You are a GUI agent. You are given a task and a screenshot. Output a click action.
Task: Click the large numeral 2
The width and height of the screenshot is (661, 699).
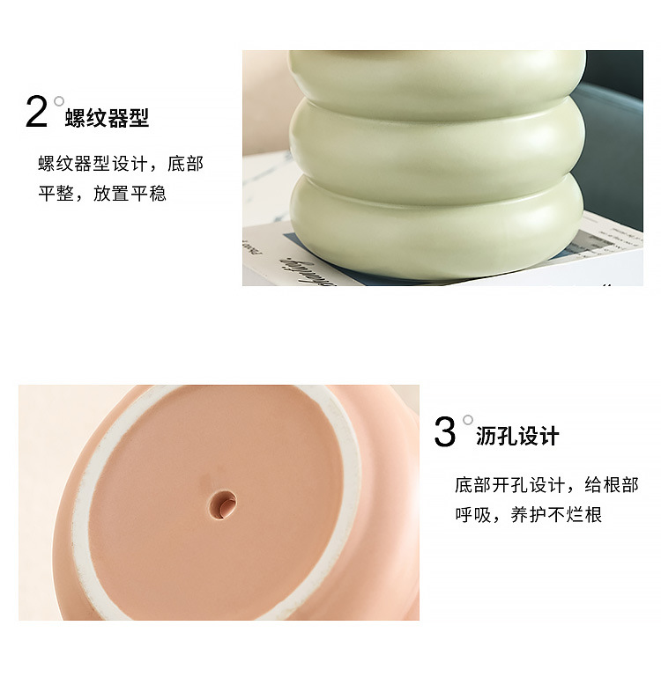36,114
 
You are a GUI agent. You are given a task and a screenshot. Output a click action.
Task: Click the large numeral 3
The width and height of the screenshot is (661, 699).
445,432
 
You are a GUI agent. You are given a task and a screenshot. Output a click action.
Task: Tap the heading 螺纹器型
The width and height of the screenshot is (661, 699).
107,118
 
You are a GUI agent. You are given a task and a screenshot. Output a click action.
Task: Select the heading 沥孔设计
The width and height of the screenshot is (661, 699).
517,436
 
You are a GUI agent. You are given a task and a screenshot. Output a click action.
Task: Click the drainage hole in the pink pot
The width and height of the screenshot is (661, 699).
222,503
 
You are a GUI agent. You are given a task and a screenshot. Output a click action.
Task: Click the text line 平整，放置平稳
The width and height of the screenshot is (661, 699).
101,194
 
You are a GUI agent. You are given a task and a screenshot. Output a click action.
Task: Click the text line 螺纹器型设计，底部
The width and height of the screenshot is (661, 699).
120,164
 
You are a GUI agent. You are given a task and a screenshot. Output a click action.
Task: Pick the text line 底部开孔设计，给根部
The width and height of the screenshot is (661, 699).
546,485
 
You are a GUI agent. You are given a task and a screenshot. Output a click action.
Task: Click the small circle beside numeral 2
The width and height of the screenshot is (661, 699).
59,101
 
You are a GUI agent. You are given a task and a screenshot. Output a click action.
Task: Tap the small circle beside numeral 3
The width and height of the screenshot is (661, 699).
468,420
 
